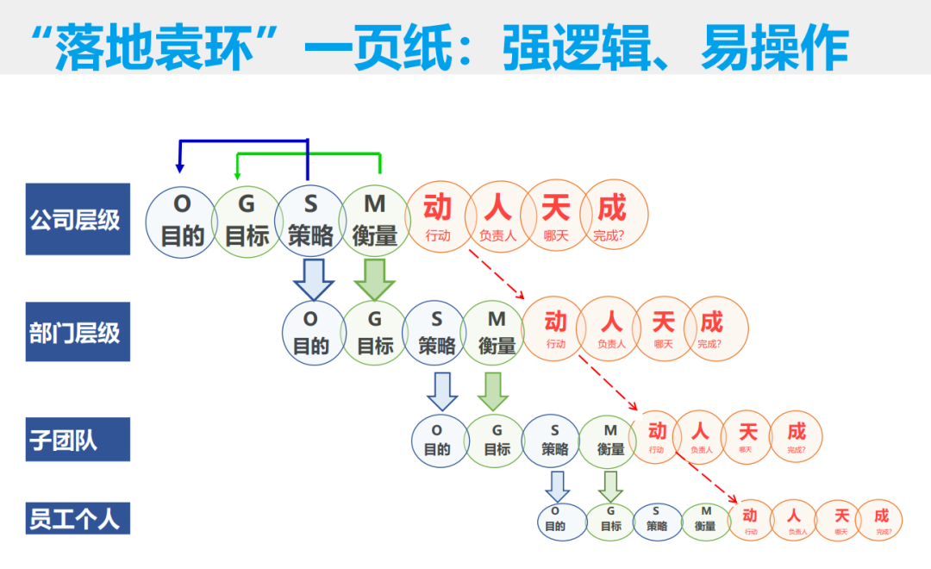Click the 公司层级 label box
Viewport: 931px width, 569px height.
pyautogui.click(x=78, y=219)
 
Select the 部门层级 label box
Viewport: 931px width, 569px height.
pyautogui.click(x=78, y=332)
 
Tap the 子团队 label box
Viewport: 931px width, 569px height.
pyautogui.click(x=78, y=440)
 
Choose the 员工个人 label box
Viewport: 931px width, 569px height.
pyautogui.click(x=78, y=518)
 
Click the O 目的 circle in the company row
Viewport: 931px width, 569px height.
pyautogui.click(x=182, y=221)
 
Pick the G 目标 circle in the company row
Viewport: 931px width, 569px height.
pyautogui.click(x=247, y=221)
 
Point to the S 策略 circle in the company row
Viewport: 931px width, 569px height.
pyautogui.click(x=310, y=221)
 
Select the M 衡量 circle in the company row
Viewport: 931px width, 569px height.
pyautogui.click(x=375, y=221)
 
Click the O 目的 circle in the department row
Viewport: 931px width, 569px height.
pyautogui.click(x=311, y=333)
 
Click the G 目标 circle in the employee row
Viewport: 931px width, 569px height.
pyautogui.click(x=611, y=520)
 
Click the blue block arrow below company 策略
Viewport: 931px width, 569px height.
pyautogui.click(x=311, y=278)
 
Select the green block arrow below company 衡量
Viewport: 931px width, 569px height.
pyautogui.click(x=375, y=278)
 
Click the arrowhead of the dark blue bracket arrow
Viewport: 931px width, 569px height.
pyautogui.click(x=179, y=166)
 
